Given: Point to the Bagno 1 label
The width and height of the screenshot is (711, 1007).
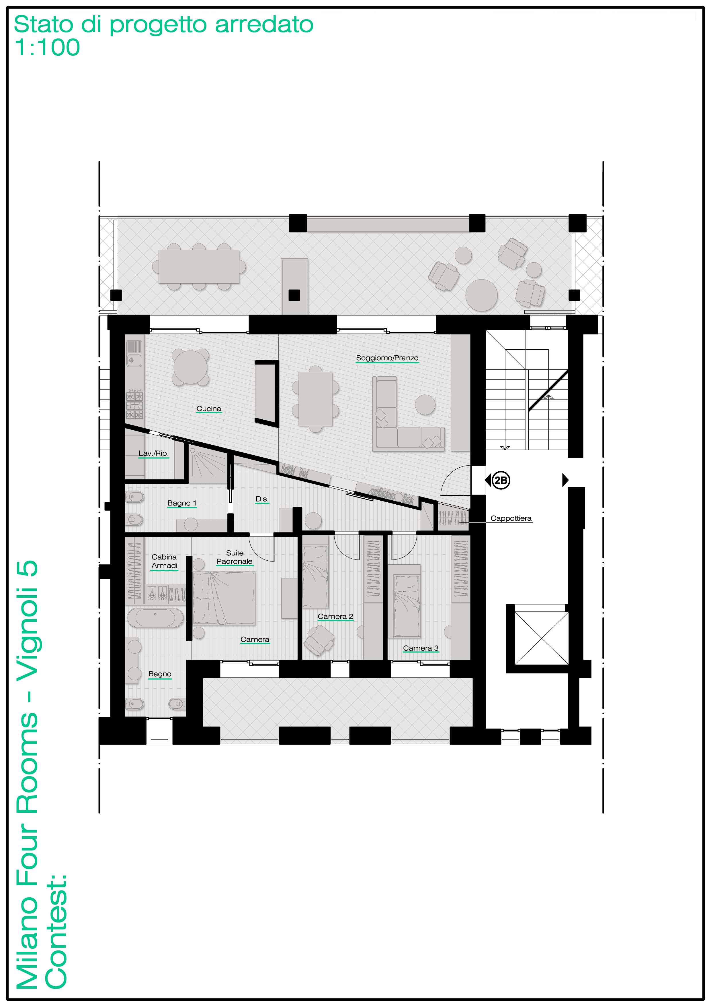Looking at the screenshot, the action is tap(182, 503).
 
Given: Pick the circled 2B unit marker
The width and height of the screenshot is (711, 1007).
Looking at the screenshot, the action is tap(501, 480).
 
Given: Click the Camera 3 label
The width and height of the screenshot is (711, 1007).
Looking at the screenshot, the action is tap(421, 648).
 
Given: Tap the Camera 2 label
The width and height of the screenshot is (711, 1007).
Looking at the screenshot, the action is tap(335, 616).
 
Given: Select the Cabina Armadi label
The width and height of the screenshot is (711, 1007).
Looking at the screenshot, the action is tap(164, 561).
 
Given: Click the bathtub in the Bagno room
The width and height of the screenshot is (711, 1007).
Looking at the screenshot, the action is tap(155, 617).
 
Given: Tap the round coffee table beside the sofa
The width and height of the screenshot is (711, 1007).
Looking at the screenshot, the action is tap(425, 404).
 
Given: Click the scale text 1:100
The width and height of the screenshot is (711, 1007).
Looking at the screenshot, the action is tap(47, 47).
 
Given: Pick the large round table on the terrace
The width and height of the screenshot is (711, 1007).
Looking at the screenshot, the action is tap(481, 295).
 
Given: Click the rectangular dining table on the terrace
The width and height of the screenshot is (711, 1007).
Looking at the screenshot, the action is tap(199, 267).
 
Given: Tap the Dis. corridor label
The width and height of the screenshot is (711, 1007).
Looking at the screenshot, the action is tap(262, 499).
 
